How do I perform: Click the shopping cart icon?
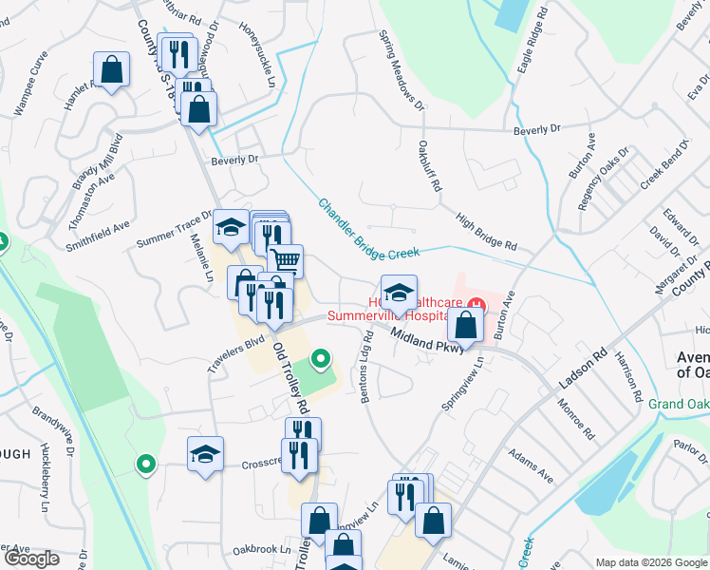tap(286, 258)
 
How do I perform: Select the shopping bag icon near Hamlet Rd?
tap(112, 69)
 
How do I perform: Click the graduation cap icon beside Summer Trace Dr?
tap(231, 227)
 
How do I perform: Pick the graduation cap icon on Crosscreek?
tap(204, 454)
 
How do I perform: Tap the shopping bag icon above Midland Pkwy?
tap(466, 325)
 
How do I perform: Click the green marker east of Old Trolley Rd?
tap(321, 359)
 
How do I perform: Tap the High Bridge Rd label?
tap(485, 231)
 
